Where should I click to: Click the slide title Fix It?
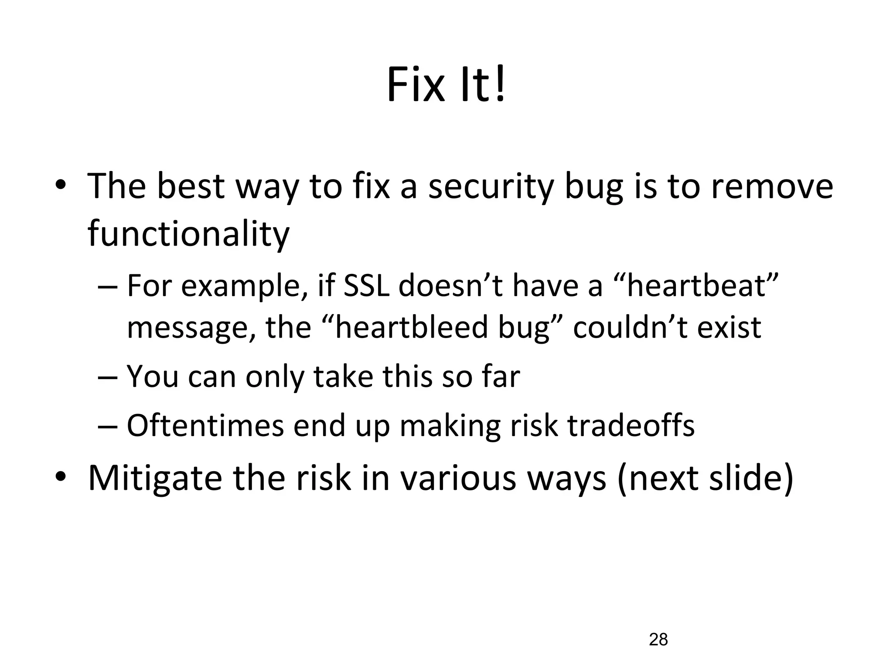pyautogui.click(x=446, y=85)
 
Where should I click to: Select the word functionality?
pyautogui.click(x=188, y=233)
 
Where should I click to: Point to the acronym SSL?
pyautogui.click(x=366, y=286)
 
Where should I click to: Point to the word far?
pyautogui.click(x=501, y=376)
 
